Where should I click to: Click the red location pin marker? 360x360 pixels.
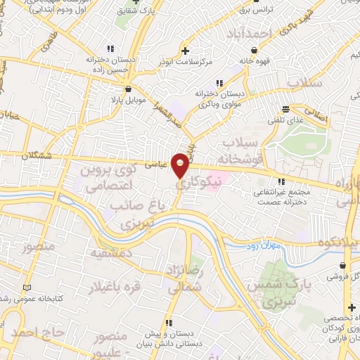[181, 165]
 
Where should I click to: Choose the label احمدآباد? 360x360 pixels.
[249, 34]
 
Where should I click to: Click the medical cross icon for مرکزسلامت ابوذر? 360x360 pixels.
[186, 50]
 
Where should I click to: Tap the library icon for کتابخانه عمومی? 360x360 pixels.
[27, 288]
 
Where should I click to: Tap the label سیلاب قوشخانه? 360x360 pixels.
[242, 152]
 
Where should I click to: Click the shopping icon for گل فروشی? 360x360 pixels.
[343, 266]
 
